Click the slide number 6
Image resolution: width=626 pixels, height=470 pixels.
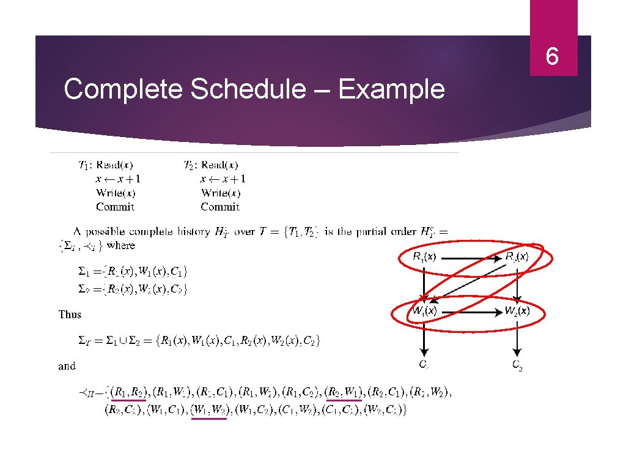coord(552,57)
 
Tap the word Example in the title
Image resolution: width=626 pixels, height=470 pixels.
coord(391,89)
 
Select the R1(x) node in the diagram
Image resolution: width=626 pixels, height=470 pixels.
coord(424,257)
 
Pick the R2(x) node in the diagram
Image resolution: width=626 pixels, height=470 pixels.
coord(517,257)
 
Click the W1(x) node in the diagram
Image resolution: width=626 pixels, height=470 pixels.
coord(424,311)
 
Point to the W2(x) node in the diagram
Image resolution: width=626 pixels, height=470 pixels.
coord(517,311)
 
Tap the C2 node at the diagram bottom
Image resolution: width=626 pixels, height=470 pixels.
coord(517,365)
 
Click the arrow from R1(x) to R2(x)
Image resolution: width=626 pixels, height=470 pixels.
coord(471,258)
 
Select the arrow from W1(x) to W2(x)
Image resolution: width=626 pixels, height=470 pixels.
coord(471,311)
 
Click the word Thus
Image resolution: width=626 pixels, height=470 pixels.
coord(70,314)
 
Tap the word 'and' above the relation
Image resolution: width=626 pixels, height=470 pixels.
coord(67,366)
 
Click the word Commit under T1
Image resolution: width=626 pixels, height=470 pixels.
coord(115,206)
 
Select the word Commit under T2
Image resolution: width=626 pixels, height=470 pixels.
coord(220,206)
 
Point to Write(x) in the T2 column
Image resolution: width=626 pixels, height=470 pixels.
coord(221,193)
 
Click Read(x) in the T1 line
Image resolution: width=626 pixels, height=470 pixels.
coord(115,165)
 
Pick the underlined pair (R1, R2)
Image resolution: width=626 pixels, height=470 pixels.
coord(128,392)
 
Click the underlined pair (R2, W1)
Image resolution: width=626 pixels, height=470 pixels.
coord(343,392)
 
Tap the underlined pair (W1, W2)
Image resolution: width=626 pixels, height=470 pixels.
coord(208,409)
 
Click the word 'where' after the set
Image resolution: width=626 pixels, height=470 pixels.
coord(121,245)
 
